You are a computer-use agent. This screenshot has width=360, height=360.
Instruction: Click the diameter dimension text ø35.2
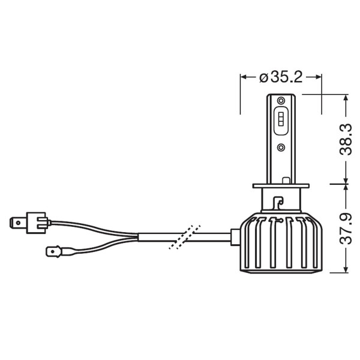pos(281,77)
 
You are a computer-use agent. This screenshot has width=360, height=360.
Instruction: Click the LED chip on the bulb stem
pos(281,120)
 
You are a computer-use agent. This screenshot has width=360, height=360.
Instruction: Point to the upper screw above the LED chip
pos(281,100)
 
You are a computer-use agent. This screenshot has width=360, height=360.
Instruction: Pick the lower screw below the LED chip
pos(281,146)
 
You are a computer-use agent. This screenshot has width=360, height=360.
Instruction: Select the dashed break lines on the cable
pos(184,237)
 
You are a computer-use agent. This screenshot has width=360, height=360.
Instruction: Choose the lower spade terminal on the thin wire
pos(56,250)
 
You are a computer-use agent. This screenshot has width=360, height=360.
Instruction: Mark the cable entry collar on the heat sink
pos(235,236)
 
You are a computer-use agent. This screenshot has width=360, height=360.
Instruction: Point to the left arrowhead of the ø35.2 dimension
pos(243,77)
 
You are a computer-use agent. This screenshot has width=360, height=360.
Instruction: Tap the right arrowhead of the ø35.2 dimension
pos(319,77)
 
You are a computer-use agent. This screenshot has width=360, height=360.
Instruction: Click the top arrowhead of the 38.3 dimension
pos(346,98)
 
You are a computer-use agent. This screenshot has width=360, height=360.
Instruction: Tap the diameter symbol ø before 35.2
pos(263,78)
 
